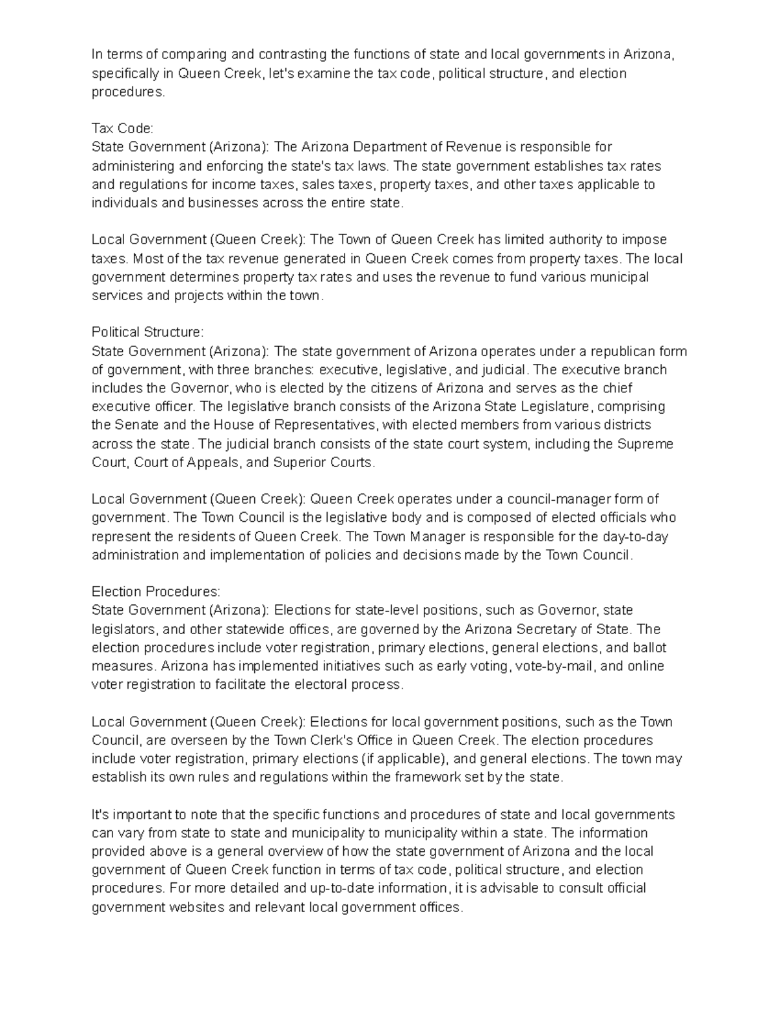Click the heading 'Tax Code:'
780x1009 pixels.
point(122,129)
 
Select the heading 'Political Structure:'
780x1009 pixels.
point(148,332)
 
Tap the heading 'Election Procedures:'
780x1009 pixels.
point(156,592)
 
